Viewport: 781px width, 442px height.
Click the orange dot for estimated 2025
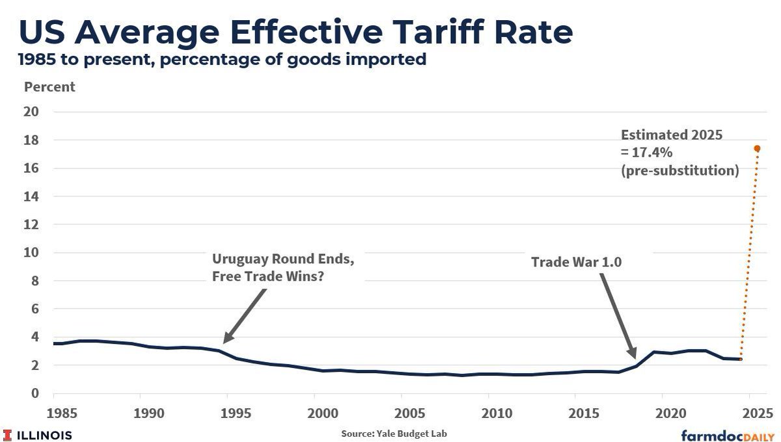757,148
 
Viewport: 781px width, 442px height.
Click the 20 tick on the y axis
32,112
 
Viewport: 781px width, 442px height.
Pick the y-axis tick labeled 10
32,252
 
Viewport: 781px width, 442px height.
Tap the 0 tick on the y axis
35,393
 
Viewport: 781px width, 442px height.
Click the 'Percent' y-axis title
49,86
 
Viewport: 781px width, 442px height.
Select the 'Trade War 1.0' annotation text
575,262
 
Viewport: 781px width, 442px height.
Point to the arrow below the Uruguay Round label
245,316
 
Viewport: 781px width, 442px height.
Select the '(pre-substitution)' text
679,171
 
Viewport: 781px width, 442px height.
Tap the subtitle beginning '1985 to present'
222,60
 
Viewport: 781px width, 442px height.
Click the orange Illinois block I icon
8,435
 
